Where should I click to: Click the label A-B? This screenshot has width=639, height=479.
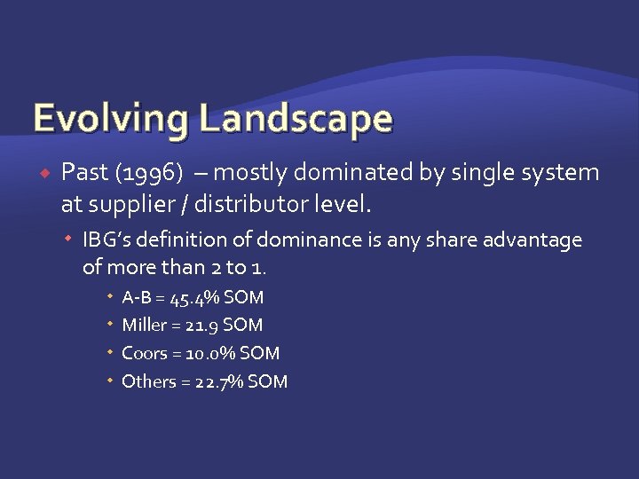point(138,297)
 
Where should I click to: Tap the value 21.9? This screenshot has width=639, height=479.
point(204,326)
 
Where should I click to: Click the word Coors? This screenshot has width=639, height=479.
point(144,354)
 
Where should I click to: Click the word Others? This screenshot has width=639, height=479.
point(147,382)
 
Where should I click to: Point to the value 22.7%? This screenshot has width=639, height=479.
point(218,382)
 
